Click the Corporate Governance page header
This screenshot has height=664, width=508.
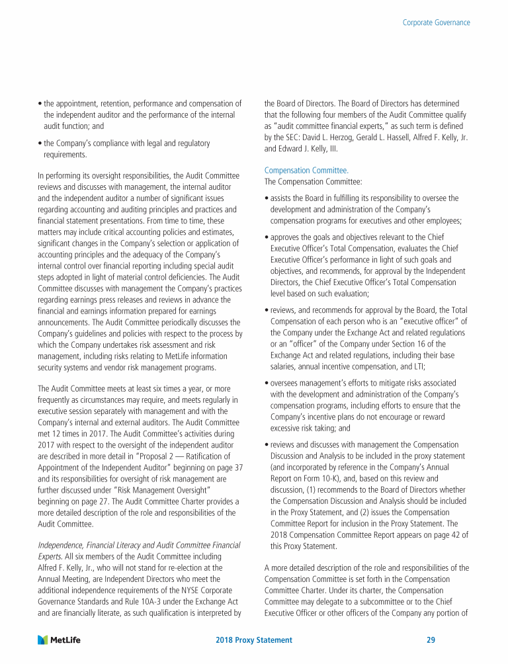pos(437,22)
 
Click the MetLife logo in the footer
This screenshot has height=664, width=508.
pos(60,640)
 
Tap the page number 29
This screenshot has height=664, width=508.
pos(431,640)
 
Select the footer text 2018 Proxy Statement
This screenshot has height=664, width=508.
pos(254,640)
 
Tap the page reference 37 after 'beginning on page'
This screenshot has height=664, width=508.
pos(239,466)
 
